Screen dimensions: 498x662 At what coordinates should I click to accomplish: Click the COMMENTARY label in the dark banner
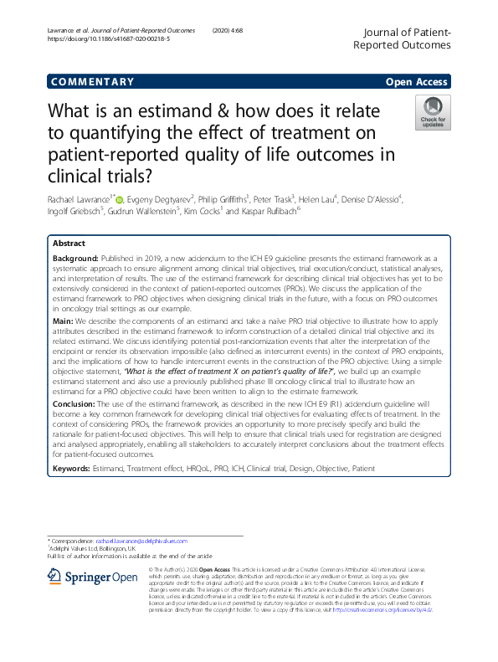[92, 82]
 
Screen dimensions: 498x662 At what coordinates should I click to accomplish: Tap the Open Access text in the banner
[418, 82]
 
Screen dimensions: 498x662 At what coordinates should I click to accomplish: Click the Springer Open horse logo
[56, 577]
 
